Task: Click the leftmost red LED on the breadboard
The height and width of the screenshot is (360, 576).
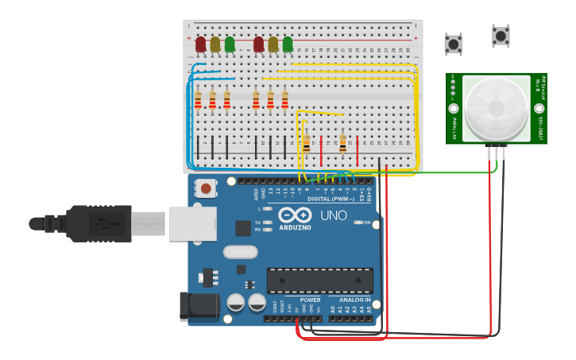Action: point(200,45)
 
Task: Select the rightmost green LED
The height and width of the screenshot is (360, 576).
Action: point(288,45)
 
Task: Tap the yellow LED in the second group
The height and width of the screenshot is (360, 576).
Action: point(273,45)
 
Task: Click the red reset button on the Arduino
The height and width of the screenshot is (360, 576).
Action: point(207,188)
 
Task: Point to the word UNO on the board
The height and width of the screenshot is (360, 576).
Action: point(334,215)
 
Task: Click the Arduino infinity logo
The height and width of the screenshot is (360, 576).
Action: point(294,215)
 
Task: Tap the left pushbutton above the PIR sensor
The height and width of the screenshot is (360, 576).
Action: point(453,44)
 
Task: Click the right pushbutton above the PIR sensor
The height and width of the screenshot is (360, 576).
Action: point(501,36)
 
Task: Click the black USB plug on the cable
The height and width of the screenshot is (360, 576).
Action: point(99,223)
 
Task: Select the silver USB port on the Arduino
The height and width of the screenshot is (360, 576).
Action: point(191,223)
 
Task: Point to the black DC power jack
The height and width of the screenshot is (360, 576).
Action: point(199,307)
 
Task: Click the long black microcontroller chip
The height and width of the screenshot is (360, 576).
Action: point(320,281)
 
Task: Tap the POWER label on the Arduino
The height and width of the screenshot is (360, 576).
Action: point(310,300)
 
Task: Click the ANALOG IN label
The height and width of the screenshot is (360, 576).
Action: point(354,300)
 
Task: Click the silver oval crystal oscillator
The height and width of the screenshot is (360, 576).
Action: point(240,252)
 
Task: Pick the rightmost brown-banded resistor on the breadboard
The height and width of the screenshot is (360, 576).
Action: point(342,143)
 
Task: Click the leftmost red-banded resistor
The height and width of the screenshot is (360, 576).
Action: point(198,101)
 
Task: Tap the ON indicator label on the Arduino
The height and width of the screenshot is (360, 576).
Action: point(366,223)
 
